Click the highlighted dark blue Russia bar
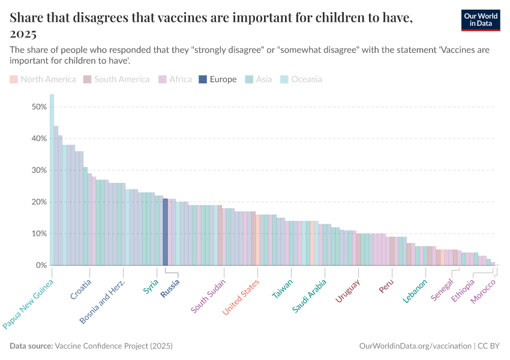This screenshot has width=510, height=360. (x=166, y=232)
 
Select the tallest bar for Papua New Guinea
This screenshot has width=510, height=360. (x=52, y=180)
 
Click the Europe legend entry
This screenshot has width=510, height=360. (x=218, y=79)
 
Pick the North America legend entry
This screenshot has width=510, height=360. (x=43, y=79)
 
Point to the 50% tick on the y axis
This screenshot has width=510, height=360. (x=39, y=107)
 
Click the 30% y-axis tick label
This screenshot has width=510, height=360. (x=39, y=170)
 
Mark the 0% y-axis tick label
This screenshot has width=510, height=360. (x=41, y=265)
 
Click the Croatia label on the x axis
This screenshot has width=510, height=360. (x=81, y=289)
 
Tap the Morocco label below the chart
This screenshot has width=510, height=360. (x=484, y=290)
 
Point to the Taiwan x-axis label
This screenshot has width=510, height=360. (x=283, y=289)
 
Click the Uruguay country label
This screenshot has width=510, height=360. (x=347, y=292)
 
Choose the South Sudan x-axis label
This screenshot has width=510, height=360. (x=208, y=296)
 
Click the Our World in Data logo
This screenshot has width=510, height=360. (x=480, y=19)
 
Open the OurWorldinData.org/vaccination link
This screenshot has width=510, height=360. (x=415, y=346)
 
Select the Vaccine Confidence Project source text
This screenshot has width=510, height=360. (x=114, y=346)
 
